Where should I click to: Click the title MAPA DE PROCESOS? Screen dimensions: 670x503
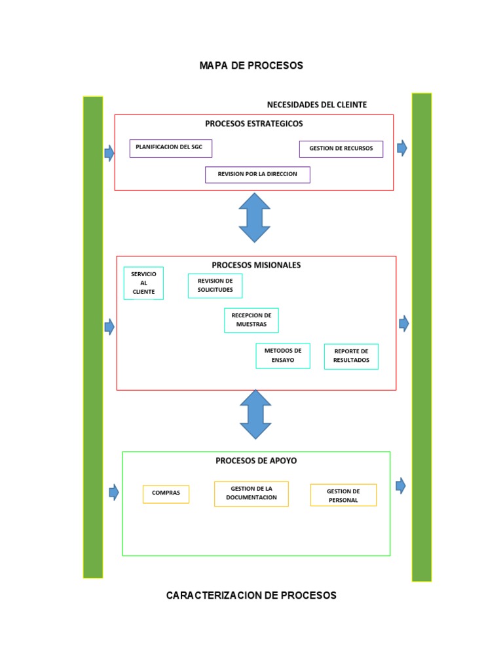(251, 65)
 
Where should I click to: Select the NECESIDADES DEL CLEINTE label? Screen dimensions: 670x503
(316, 105)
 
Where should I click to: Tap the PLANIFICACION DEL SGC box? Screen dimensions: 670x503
(170, 148)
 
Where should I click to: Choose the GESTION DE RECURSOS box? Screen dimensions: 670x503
(341, 149)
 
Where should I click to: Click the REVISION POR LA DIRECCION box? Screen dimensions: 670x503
(257, 175)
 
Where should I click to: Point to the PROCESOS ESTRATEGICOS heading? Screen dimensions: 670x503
(253, 123)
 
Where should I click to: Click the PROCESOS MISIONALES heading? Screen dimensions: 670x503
(256, 265)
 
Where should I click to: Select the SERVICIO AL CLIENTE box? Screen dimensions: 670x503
(143, 283)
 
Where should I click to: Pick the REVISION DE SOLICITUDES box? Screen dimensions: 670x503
(215, 285)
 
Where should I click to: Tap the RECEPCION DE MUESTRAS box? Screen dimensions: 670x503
(251, 320)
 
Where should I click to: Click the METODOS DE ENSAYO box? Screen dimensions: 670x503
(283, 355)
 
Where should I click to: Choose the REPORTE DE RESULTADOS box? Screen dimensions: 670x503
(351, 356)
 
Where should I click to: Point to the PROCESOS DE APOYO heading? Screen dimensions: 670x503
(256, 461)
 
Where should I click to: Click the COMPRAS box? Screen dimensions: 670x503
(166, 493)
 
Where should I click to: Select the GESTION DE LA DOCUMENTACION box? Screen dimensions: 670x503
(251, 493)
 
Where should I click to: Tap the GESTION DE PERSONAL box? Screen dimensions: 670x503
(343, 495)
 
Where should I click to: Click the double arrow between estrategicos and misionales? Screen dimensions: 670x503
(255, 217)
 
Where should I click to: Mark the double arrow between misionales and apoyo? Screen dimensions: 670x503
(255, 414)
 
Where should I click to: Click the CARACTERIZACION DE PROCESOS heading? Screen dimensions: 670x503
(251, 595)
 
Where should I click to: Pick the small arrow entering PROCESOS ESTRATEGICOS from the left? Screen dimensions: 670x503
(109, 153)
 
